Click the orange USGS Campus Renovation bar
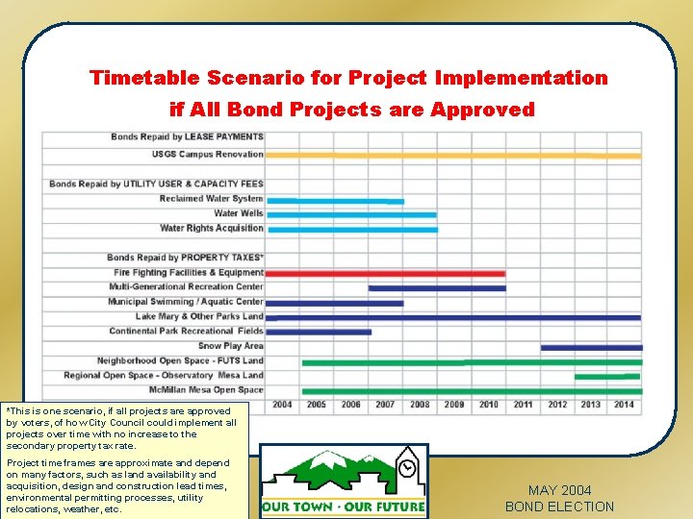tap(452, 155)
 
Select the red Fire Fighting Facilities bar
tap(385, 274)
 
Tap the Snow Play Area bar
tap(590, 347)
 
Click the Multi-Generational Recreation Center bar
tap(436, 288)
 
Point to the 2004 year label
tap(282, 405)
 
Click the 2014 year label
tap(624, 405)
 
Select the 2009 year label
tap(453, 405)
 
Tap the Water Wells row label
tap(238, 213)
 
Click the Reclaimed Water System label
tap(211, 199)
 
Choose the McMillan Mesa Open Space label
tap(205, 390)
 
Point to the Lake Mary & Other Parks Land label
tap(198, 316)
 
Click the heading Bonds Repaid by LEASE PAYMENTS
tap(187, 136)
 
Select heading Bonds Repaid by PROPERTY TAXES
tap(185, 258)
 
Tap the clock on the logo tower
tap(408, 467)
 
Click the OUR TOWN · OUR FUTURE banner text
tap(344, 507)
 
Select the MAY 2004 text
tap(559, 490)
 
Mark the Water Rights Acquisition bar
tap(351, 230)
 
